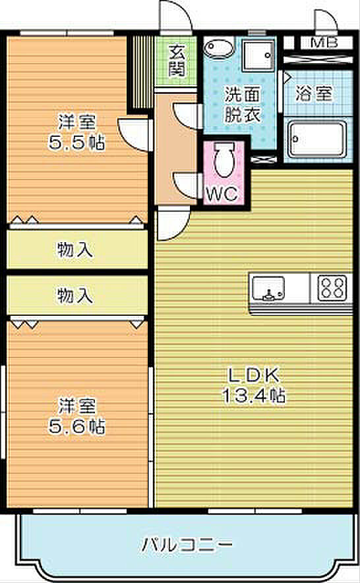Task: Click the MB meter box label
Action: (324, 43)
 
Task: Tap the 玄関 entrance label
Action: (177, 61)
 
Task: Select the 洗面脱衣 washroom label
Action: (242, 105)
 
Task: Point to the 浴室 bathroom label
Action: (313, 93)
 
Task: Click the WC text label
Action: (222, 193)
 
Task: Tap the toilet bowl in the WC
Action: (224, 161)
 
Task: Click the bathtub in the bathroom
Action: (318, 139)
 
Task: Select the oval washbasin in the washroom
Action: (219, 47)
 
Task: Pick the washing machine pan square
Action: (258, 56)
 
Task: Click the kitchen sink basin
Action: (269, 288)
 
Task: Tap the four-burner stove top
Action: (332, 288)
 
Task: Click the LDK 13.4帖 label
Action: (254, 385)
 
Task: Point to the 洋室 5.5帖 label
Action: (76, 132)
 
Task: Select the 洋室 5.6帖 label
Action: (76, 416)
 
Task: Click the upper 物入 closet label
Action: (75, 249)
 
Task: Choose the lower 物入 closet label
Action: (75, 295)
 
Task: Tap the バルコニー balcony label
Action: (187, 545)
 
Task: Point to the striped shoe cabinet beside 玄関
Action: (140, 72)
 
